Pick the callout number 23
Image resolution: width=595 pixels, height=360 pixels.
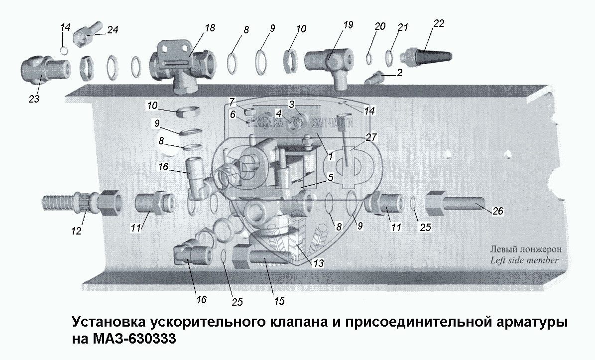[x=34, y=99]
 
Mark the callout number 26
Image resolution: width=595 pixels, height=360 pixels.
[x=497, y=212]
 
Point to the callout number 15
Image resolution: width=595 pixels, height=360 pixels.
[x=279, y=301]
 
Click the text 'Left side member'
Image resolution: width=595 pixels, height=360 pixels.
[x=524, y=260]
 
